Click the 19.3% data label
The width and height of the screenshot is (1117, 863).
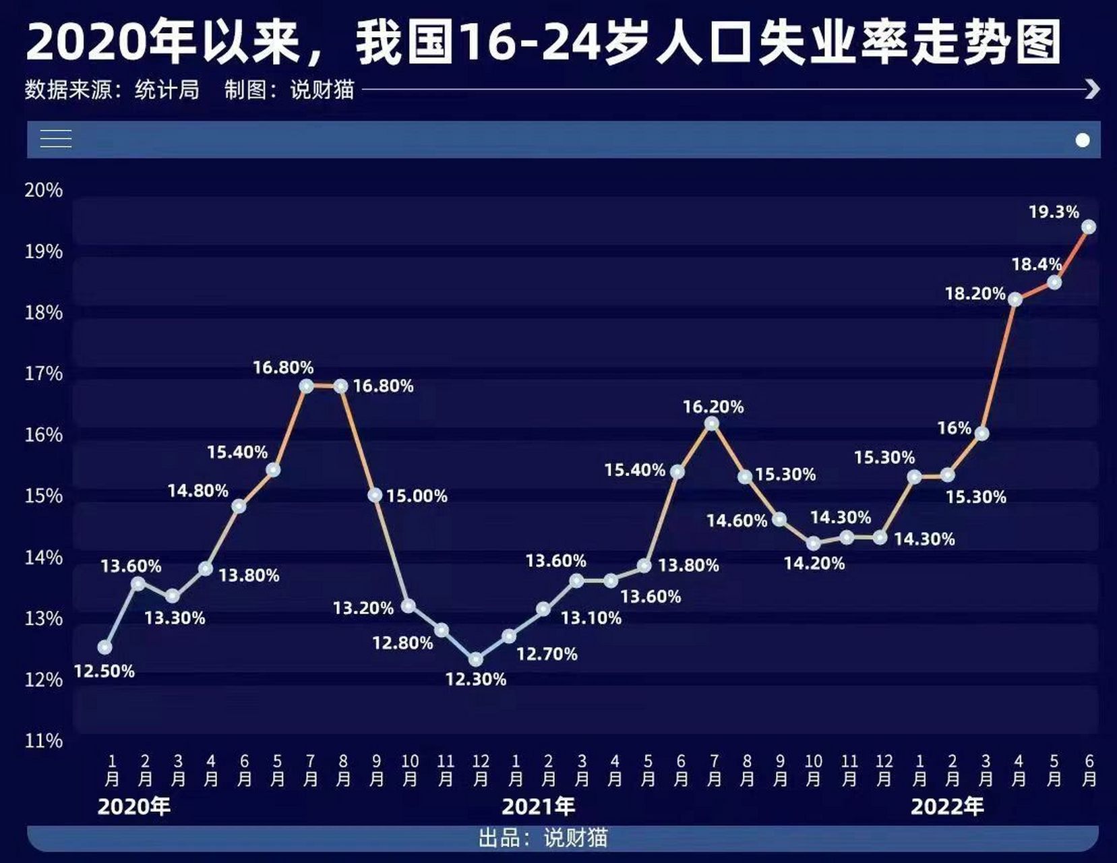click(x=1054, y=212)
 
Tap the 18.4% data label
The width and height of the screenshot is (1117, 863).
click(x=1036, y=264)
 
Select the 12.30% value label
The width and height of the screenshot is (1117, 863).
click(x=475, y=680)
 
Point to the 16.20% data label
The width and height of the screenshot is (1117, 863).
click(x=713, y=407)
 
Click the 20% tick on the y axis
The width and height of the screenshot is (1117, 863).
click(x=44, y=190)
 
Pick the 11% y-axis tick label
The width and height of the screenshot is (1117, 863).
click(x=44, y=741)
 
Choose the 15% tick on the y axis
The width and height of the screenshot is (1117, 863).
click(x=44, y=496)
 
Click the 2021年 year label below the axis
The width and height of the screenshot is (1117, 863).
click(x=538, y=806)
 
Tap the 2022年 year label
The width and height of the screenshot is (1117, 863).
click(x=947, y=806)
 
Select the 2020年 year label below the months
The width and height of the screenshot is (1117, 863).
click(x=133, y=806)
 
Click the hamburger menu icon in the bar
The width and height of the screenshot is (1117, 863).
click(x=56, y=139)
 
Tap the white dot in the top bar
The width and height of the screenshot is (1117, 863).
click(x=1083, y=140)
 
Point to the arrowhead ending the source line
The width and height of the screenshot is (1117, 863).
click(x=1093, y=89)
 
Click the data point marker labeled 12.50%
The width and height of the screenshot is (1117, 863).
click(x=104, y=647)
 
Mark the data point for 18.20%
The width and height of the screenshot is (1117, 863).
click(x=1015, y=299)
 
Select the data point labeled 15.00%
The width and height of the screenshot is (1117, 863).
click(x=375, y=496)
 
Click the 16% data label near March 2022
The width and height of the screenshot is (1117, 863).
click(x=954, y=428)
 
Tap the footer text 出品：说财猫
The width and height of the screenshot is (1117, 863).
click(x=543, y=838)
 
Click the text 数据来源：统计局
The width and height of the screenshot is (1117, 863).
click(x=112, y=90)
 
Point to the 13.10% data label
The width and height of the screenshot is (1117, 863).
click(x=591, y=618)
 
